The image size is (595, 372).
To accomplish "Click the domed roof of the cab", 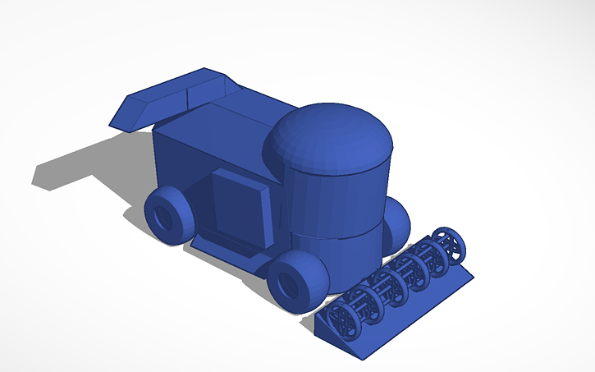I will tap(328, 135).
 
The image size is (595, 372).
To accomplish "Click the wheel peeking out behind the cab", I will tap(397, 223).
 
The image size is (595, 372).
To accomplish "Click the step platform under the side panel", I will tap(222, 246).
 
